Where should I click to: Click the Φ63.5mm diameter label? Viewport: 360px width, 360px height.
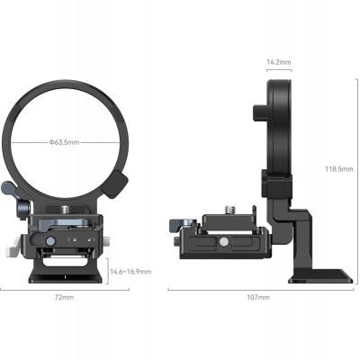[x=67, y=141]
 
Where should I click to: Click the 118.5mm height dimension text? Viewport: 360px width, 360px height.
[x=340, y=167]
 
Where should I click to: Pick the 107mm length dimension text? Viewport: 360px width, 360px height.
[x=258, y=296]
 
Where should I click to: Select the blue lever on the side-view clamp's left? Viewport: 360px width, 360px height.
[x=180, y=223]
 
